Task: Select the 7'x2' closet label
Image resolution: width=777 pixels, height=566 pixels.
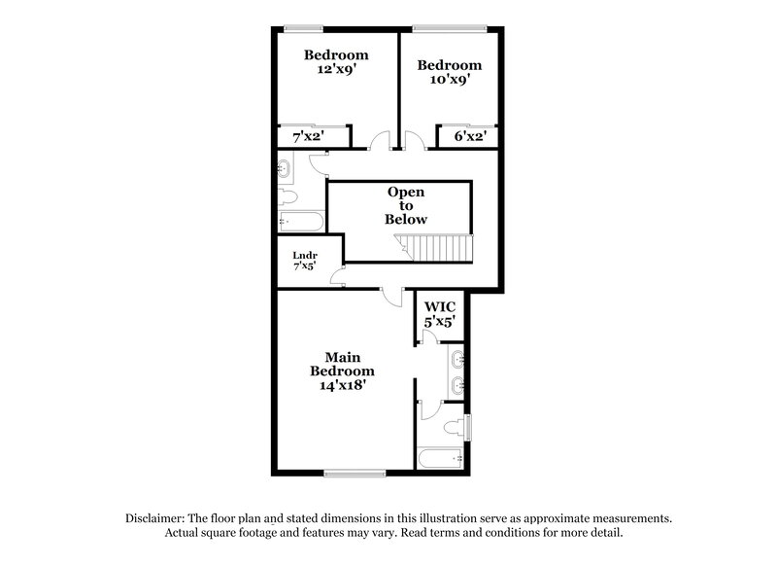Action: click(x=309, y=138)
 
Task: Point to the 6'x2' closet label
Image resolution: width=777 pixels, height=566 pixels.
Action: click(x=470, y=138)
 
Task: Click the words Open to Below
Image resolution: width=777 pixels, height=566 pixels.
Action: click(x=406, y=205)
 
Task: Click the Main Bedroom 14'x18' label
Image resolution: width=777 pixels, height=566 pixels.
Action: click(x=342, y=371)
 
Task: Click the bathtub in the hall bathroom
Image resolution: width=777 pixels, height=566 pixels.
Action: click(x=296, y=221)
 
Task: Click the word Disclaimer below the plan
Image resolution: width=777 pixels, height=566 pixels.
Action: click(x=156, y=518)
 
